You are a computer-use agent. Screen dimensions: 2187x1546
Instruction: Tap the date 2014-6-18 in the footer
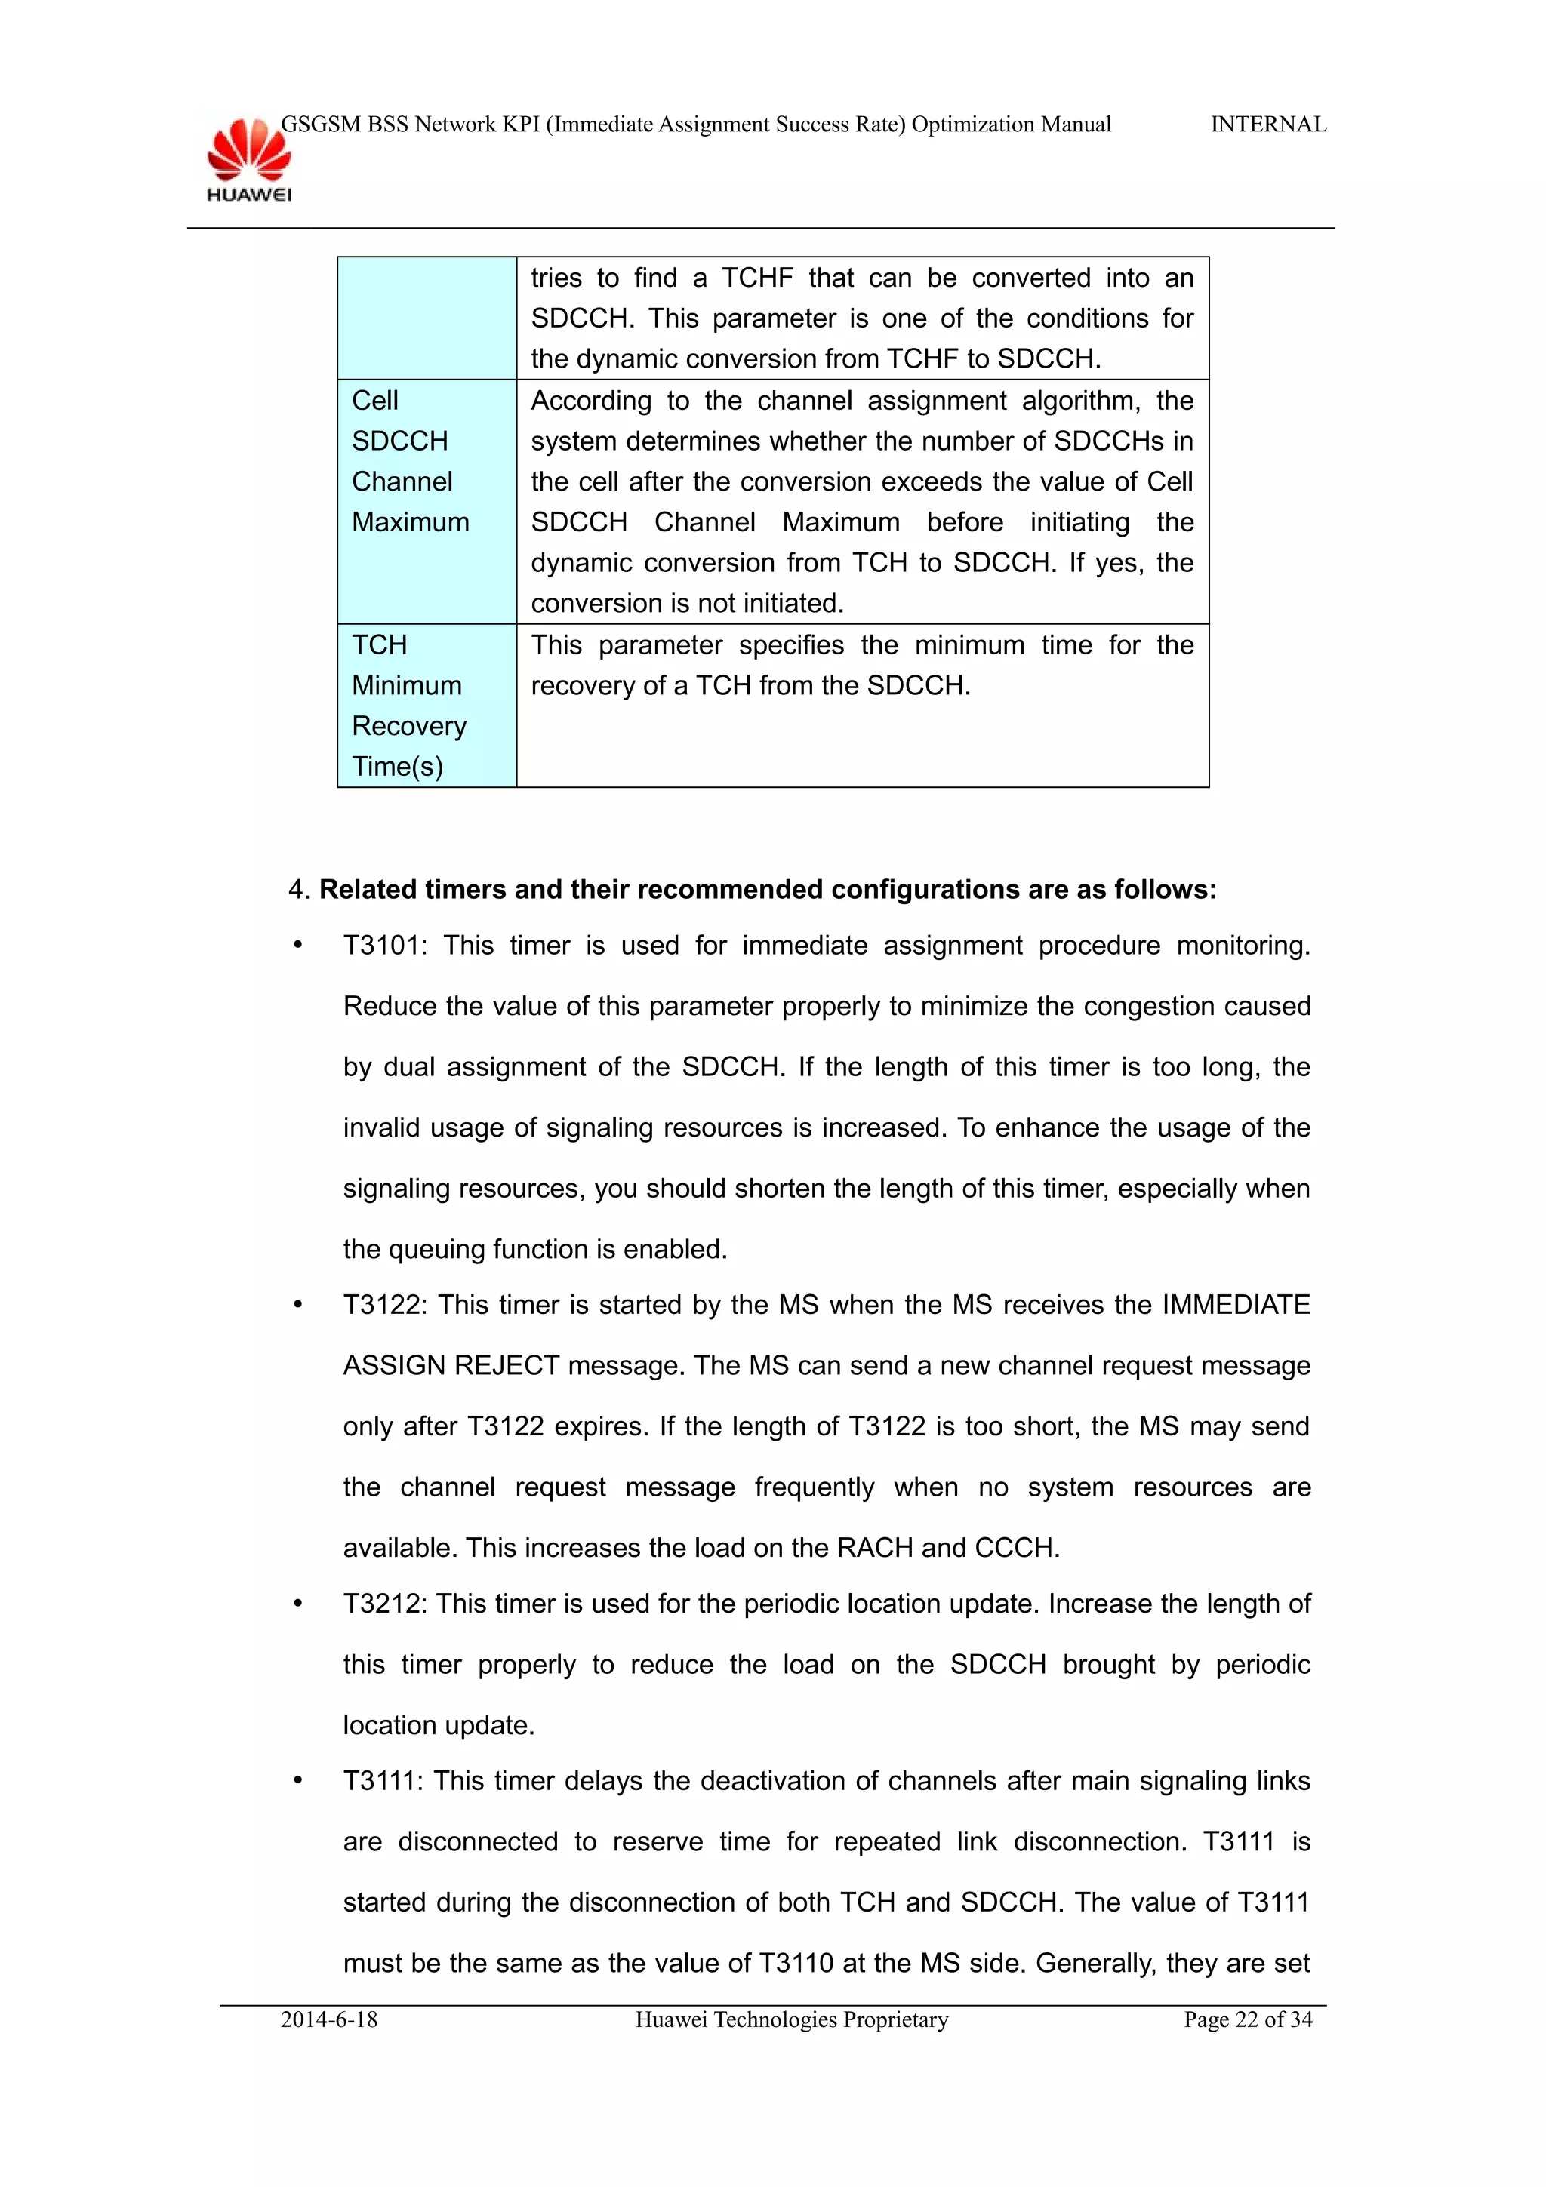(328, 2019)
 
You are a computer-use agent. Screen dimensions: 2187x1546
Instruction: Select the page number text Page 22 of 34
(1247, 2019)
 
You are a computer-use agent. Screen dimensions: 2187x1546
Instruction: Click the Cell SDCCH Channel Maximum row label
(410, 462)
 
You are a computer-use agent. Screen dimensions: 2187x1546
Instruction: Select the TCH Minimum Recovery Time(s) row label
(408, 706)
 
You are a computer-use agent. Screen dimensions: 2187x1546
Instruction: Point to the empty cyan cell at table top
(427, 318)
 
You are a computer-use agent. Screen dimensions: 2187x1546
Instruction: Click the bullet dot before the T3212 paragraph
(298, 1605)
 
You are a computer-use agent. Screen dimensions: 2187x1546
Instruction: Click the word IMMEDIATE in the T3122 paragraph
(1236, 1305)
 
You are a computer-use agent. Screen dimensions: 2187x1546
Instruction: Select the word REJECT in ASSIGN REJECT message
(506, 1366)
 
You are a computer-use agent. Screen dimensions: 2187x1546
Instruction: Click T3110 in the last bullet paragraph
(796, 1963)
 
